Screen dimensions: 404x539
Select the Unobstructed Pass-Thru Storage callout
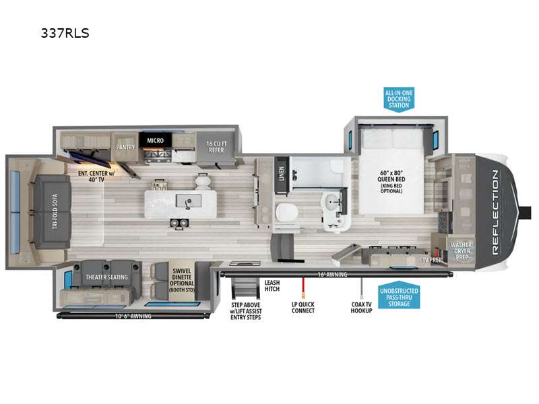pyautogui.click(x=400, y=297)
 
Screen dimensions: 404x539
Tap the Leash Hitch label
pyautogui.click(x=272, y=287)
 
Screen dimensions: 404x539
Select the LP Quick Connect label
pyautogui.click(x=303, y=308)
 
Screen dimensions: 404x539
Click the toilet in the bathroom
pyautogui.click(x=284, y=211)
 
